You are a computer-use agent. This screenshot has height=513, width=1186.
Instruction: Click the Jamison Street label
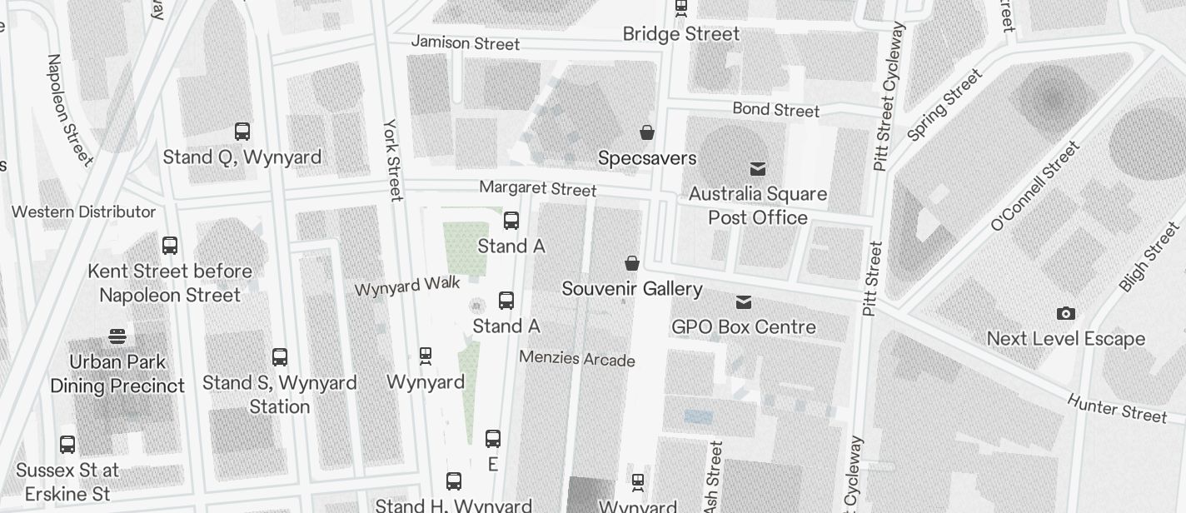pyautogui.click(x=466, y=42)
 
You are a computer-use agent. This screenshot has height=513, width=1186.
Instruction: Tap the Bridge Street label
pyautogui.click(x=681, y=34)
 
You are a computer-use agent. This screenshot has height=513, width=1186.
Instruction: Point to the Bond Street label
pyautogui.click(x=775, y=110)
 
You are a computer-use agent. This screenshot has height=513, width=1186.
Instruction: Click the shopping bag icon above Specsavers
pyautogui.click(x=646, y=132)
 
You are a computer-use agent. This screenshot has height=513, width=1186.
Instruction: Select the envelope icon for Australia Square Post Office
pyautogui.click(x=758, y=169)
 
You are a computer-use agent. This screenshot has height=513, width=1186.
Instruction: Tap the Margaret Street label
pyautogui.click(x=538, y=189)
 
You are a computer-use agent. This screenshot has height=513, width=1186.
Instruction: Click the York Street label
pyautogui.click(x=393, y=159)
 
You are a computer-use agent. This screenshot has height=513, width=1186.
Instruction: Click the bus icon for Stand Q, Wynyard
pyautogui.click(x=242, y=132)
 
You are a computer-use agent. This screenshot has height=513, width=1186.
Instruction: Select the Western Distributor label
pyautogui.click(x=84, y=212)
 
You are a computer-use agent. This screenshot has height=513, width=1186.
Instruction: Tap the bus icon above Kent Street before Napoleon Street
pyautogui.click(x=170, y=246)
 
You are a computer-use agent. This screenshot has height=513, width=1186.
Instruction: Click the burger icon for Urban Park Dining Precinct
pyautogui.click(x=117, y=336)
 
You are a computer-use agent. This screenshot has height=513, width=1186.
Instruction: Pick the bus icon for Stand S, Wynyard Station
pyautogui.click(x=280, y=357)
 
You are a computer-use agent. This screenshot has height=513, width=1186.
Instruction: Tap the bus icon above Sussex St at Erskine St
pyautogui.click(x=67, y=445)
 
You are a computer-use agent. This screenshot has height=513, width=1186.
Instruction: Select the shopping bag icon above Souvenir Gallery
pyautogui.click(x=632, y=264)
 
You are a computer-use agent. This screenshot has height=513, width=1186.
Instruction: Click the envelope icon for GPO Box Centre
pyautogui.click(x=744, y=301)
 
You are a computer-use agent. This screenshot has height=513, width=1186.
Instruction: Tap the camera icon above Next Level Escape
pyautogui.click(x=1065, y=314)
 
